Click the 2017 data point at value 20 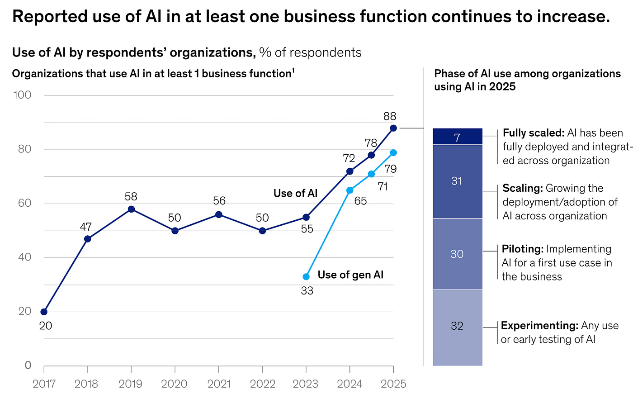tap(44, 312)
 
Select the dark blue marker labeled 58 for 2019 tap(131, 209)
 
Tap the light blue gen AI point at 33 tap(306, 276)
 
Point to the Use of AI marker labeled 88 tap(393, 128)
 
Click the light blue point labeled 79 tap(393, 152)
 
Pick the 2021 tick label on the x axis tap(219, 384)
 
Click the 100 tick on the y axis tap(22, 95)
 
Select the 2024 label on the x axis tap(350, 384)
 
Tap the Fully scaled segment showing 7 tap(457, 137)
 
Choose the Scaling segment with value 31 tap(457, 181)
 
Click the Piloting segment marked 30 tap(457, 254)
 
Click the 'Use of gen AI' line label tap(350, 275)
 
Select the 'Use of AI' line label tap(295, 194)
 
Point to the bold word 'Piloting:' tap(522, 249)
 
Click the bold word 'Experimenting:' tap(539, 326)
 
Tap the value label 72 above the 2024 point tap(349, 158)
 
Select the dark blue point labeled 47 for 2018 tap(88, 238)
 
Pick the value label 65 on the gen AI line tap(360, 201)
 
